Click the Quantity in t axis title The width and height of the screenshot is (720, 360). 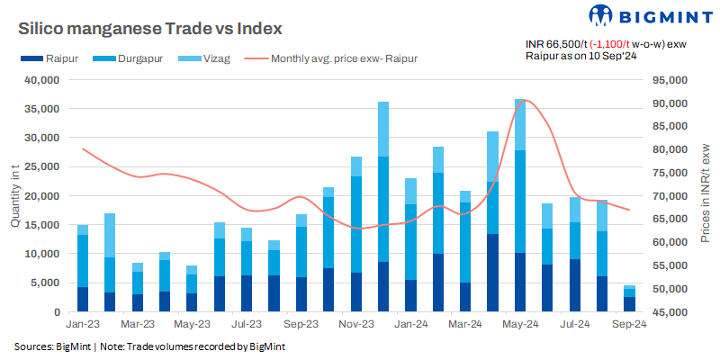[15, 196]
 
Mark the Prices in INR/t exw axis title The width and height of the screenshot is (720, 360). [706, 196]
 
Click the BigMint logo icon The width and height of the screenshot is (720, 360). [601, 15]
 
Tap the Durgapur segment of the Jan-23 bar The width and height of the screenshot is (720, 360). [83, 261]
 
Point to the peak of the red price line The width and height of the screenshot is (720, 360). [526, 101]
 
